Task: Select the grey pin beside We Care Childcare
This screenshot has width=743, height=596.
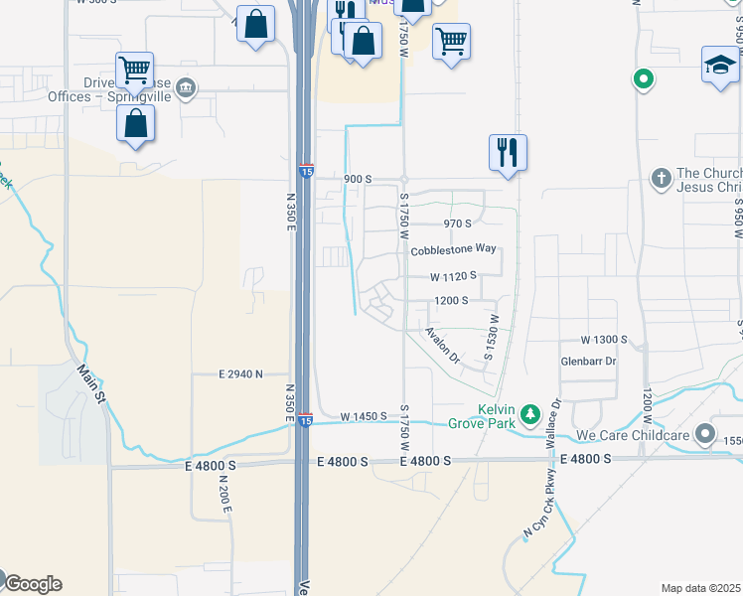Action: (x=705, y=434)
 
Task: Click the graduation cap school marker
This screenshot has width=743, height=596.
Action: (x=719, y=66)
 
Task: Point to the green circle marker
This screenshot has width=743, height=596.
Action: (x=644, y=77)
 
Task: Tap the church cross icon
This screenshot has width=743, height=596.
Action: (x=661, y=179)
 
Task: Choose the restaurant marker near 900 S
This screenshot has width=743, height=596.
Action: (x=508, y=152)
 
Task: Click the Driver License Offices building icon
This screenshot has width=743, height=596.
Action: (x=185, y=89)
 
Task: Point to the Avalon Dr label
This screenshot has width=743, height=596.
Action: (x=443, y=345)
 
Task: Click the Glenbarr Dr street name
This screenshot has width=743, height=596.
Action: (x=589, y=362)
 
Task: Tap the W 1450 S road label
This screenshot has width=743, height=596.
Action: (x=363, y=417)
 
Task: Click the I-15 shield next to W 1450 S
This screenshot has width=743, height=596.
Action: (x=306, y=421)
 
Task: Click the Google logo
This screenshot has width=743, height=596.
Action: (x=32, y=583)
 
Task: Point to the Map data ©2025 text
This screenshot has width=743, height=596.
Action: (x=700, y=588)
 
